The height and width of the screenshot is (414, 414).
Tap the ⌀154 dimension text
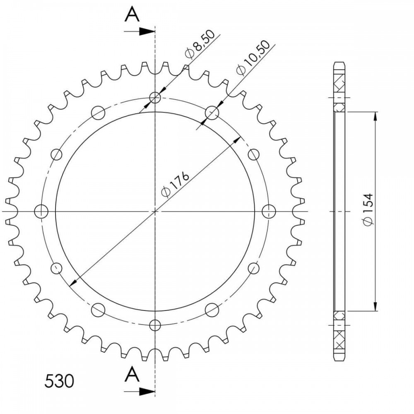(368, 209)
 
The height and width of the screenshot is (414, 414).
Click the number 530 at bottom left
(59, 381)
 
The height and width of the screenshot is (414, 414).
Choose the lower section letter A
(132, 375)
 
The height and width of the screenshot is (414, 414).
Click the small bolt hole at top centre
(155, 98)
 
